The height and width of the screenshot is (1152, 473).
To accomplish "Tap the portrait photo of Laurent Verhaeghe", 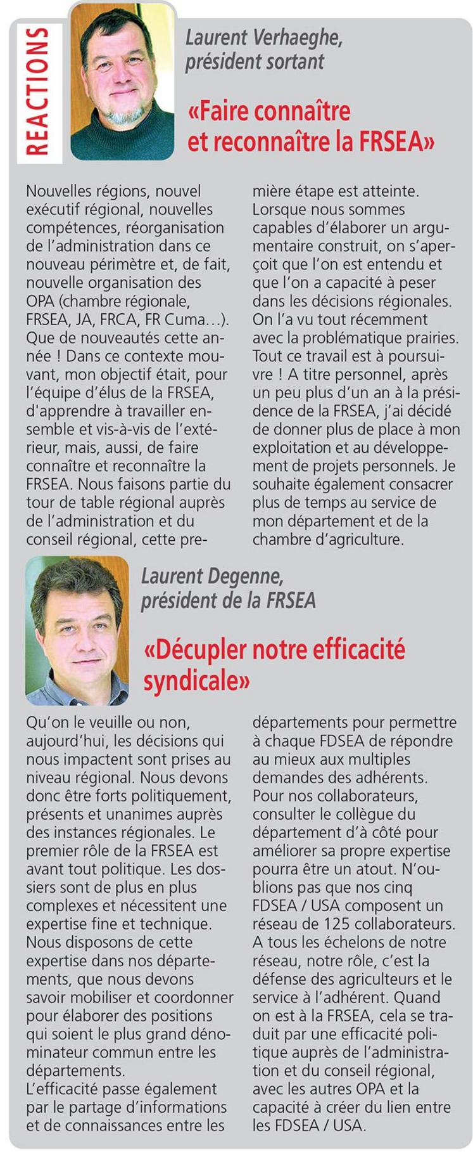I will pyautogui.click(x=122, y=79).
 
